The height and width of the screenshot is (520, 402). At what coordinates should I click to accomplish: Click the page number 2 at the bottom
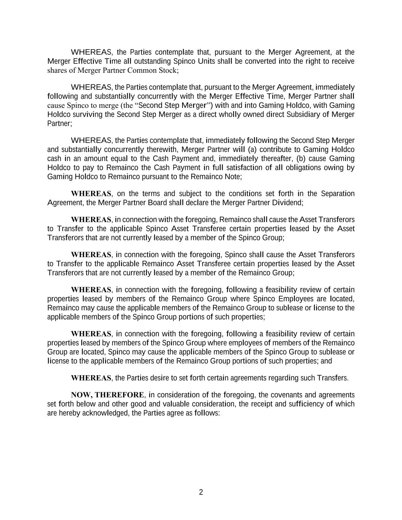201,492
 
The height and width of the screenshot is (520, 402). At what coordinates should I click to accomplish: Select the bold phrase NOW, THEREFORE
107,395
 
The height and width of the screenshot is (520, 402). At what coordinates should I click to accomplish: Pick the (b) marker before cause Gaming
301,158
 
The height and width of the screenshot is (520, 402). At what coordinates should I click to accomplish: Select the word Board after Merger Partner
157,203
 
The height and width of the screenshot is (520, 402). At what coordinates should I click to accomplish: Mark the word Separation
338,194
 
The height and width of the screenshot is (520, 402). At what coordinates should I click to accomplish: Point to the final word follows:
207,413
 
